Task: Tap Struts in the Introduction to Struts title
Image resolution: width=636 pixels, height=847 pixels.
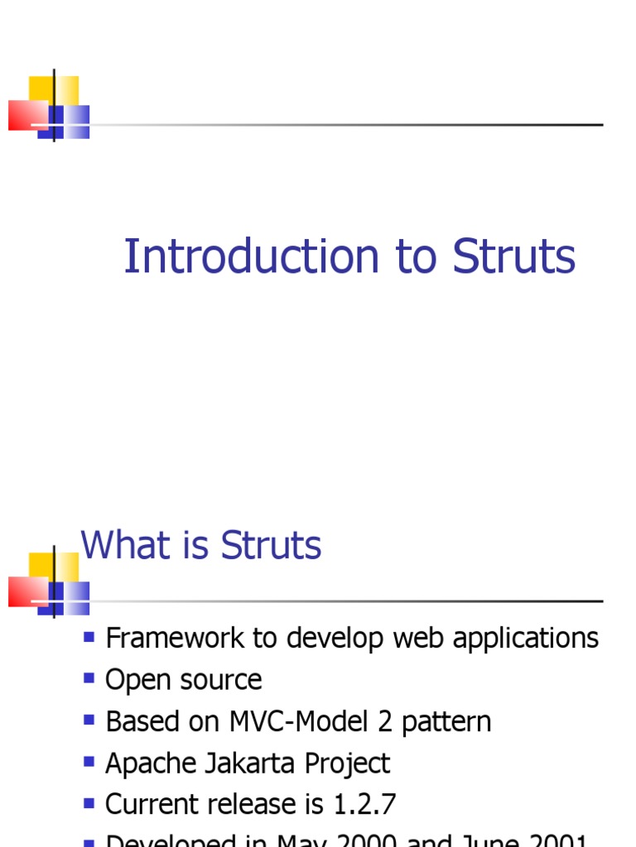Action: coord(513,256)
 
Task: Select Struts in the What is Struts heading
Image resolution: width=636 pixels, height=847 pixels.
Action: coord(271,546)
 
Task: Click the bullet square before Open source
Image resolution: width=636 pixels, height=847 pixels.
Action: coord(89,678)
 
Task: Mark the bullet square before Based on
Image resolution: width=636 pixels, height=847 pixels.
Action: coord(89,720)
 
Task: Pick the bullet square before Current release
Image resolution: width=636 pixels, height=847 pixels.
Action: coord(89,802)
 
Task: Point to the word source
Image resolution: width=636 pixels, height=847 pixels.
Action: coord(221,680)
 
